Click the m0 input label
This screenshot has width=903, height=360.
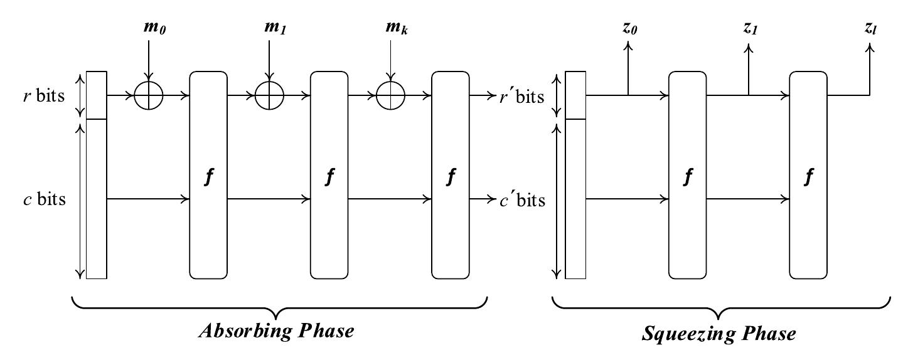(x=155, y=28)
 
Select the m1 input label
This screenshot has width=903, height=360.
(x=275, y=28)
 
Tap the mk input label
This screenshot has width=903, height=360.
(x=397, y=28)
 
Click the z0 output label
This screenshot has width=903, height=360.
(x=629, y=28)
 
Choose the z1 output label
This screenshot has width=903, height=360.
(x=751, y=28)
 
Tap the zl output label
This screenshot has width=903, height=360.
(x=870, y=28)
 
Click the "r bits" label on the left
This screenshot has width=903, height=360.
(x=44, y=96)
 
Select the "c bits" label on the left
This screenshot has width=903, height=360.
(x=45, y=199)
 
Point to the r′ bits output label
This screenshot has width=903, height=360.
(x=522, y=97)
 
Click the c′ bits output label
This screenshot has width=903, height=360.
(x=523, y=200)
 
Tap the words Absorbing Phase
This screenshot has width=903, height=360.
(x=276, y=331)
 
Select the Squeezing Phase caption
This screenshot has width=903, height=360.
(x=719, y=334)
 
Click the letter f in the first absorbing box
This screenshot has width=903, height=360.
(x=208, y=176)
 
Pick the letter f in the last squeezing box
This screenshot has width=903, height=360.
(x=808, y=176)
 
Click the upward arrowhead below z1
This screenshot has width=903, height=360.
(x=749, y=48)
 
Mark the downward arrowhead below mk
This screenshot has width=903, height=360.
(x=390, y=77)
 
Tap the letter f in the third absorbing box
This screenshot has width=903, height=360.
(x=451, y=176)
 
